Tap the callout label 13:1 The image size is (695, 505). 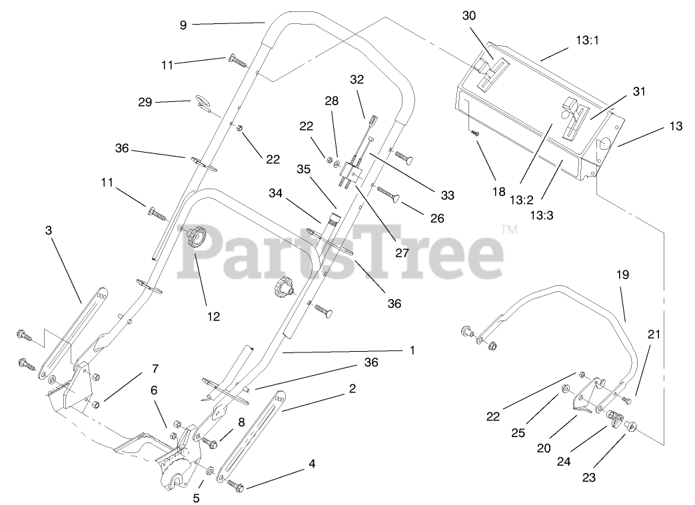[x=587, y=40]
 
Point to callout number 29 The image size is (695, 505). [x=145, y=102]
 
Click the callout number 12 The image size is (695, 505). [x=213, y=316]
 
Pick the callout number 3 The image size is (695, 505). [x=49, y=230]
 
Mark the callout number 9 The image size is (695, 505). [x=183, y=25]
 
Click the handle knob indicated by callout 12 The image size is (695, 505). [x=197, y=237]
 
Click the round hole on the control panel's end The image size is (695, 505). [x=606, y=143]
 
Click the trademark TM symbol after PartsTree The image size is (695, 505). [x=508, y=230]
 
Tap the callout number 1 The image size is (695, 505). [x=412, y=350]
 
